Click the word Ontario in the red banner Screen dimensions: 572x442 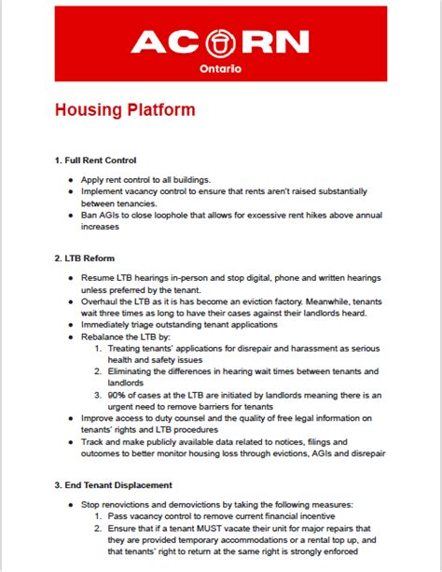click(221, 70)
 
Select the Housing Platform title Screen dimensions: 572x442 click(125, 109)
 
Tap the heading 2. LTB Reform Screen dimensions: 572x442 click(85, 258)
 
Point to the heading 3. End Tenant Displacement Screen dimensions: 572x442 click(113, 484)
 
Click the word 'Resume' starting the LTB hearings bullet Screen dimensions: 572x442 click(98, 277)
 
